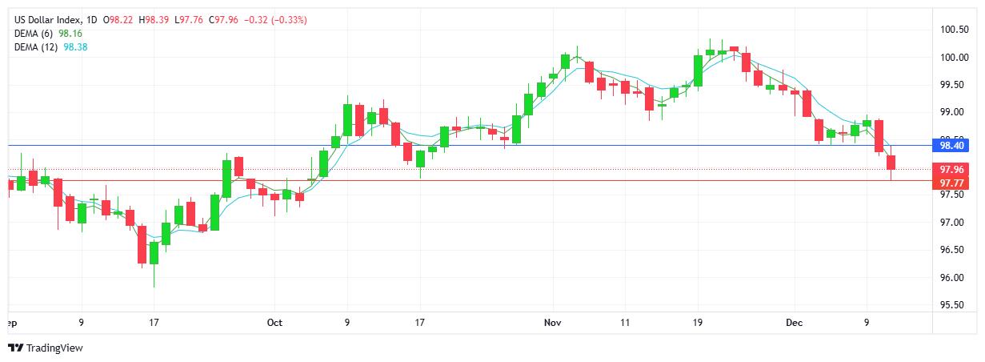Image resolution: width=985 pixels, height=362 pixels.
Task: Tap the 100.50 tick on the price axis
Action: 955,30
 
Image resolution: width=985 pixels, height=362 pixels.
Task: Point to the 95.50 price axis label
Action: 952,305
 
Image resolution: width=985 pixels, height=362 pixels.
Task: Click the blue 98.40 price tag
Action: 951,145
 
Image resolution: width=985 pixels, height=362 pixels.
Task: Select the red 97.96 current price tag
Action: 951,169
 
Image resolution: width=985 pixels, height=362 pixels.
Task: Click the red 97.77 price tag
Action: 951,183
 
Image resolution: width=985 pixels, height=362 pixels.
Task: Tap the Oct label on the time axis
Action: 274,323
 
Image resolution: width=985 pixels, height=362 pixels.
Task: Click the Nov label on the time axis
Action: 552,323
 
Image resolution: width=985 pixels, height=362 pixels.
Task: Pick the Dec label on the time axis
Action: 794,323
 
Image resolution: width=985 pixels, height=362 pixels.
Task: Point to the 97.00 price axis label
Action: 952,222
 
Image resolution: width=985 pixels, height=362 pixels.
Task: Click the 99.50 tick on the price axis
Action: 952,85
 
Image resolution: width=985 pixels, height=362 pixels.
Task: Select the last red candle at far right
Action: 891,163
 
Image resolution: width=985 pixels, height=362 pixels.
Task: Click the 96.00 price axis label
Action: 952,278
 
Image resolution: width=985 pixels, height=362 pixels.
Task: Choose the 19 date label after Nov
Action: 698,323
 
